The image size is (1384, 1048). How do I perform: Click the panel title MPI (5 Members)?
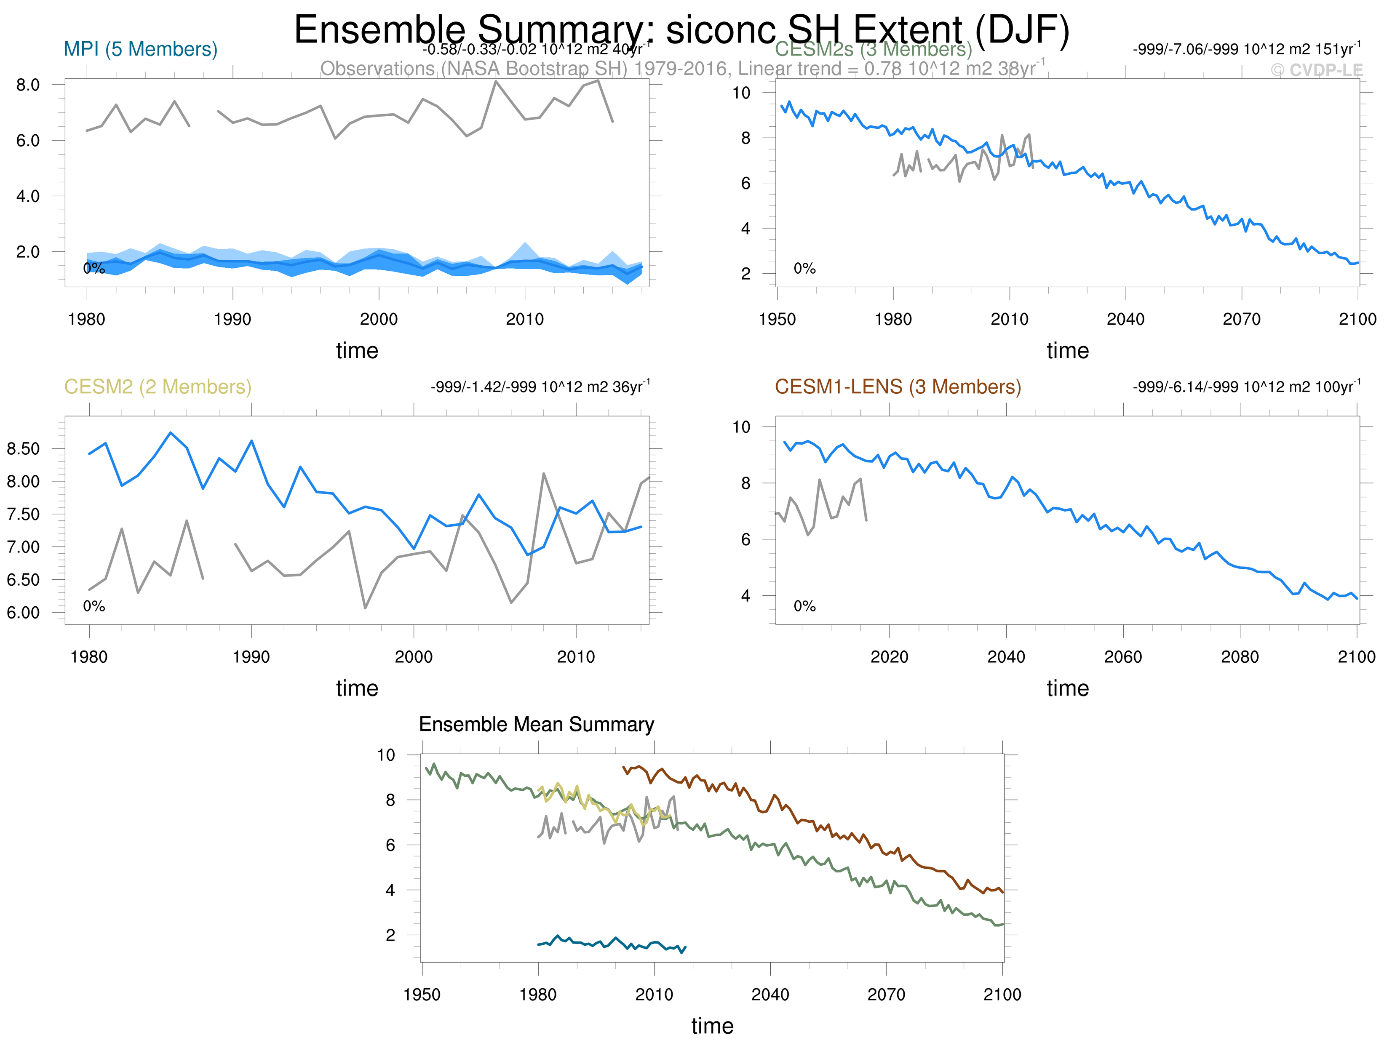click(x=140, y=49)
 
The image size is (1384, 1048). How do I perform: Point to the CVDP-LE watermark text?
click(x=1317, y=70)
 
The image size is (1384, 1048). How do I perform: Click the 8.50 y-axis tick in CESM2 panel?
click(x=23, y=448)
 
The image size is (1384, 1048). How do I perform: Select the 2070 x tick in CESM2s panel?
click(x=1241, y=319)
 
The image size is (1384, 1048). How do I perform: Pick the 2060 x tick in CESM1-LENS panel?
click(x=1123, y=657)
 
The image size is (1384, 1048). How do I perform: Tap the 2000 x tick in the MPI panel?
click(x=379, y=319)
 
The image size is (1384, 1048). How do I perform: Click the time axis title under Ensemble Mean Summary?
click(x=712, y=1026)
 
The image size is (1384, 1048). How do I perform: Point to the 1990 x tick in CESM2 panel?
click(x=251, y=657)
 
